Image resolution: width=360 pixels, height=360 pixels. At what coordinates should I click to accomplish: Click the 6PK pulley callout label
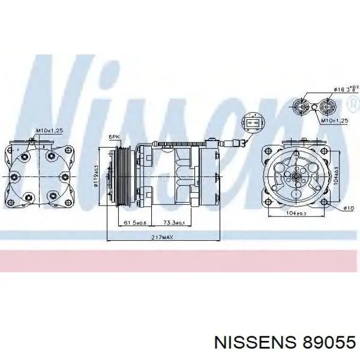[x=114, y=137]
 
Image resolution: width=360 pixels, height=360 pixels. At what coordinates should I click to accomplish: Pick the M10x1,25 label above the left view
[x=49, y=131]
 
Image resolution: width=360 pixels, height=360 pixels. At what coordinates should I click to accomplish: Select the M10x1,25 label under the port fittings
[x=335, y=120]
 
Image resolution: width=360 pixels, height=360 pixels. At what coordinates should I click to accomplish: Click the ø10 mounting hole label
[x=348, y=208]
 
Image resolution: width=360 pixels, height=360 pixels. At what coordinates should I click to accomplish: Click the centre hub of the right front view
[x=296, y=176]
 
